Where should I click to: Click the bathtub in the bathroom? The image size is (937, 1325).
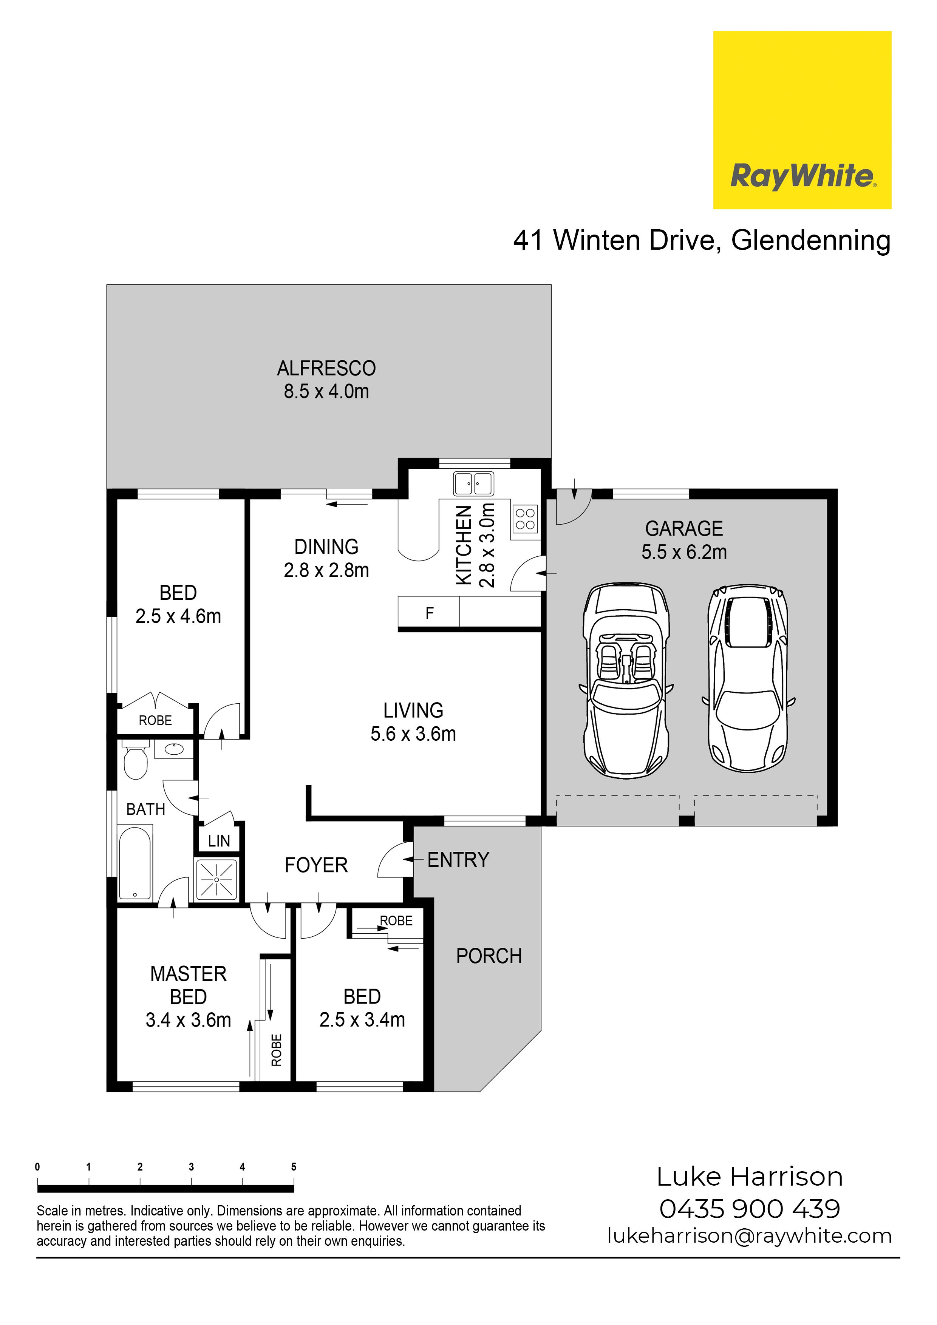click(x=135, y=862)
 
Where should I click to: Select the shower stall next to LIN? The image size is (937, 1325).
click(x=216, y=879)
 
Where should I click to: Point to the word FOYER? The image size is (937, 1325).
click(x=316, y=865)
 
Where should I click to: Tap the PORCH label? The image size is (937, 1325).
click(x=489, y=956)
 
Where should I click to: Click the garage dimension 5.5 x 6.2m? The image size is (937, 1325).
click(x=684, y=552)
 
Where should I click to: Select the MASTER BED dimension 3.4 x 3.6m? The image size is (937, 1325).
click(x=188, y=1020)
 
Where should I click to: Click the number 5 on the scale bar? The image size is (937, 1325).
click(x=294, y=1167)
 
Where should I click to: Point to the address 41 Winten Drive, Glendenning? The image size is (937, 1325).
click(x=702, y=240)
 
